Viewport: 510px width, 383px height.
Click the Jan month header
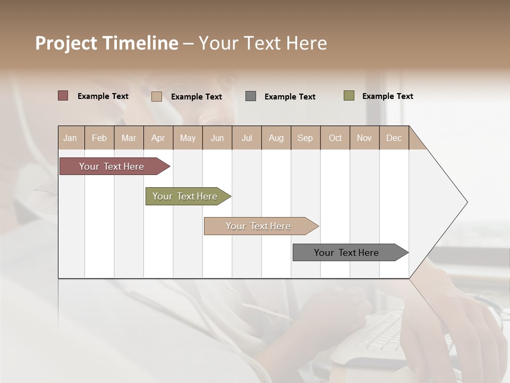(x=71, y=138)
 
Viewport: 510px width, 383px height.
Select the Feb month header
(x=99, y=138)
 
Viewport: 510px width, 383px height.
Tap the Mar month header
(x=129, y=138)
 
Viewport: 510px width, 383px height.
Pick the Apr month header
(x=158, y=138)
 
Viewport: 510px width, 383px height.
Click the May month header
(x=188, y=138)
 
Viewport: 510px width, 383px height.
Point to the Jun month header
(x=217, y=138)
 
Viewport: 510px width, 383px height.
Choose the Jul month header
(x=246, y=138)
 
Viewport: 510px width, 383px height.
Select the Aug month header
(x=276, y=138)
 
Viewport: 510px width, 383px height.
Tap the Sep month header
(x=305, y=138)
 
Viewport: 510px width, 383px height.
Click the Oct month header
(x=335, y=138)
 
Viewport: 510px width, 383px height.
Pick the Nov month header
(x=364, y=138)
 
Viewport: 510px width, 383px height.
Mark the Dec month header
(x=394, y=138)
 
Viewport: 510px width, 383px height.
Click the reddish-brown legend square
(x=63, y=96)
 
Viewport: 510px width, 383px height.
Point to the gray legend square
(x=251, y=96)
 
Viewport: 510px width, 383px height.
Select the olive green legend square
(x=349, y=96)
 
